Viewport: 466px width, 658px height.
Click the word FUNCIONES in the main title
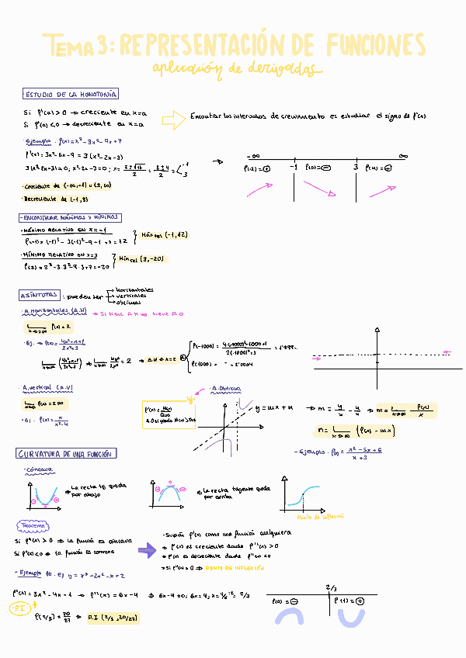(376, 43)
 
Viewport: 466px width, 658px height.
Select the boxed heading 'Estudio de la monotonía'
(71, 94)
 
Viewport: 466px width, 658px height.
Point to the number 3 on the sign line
(355, 166)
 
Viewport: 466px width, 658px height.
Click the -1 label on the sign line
(294, 166)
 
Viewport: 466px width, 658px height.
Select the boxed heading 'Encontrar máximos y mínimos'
(70, 218)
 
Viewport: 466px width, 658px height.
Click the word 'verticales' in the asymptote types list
(134, 296)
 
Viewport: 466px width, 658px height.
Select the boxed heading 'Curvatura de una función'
(66, 453)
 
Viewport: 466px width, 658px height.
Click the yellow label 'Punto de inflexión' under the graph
(316, 514)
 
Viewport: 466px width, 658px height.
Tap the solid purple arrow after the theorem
(146, 550)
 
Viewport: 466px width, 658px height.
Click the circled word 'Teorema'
(34, 525)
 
